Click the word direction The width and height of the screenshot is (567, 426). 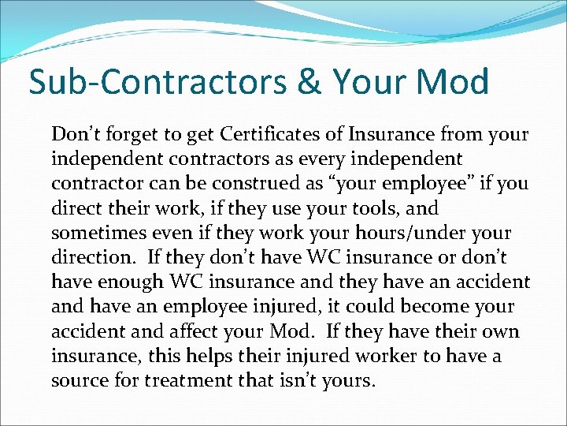tap(91, 258)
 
